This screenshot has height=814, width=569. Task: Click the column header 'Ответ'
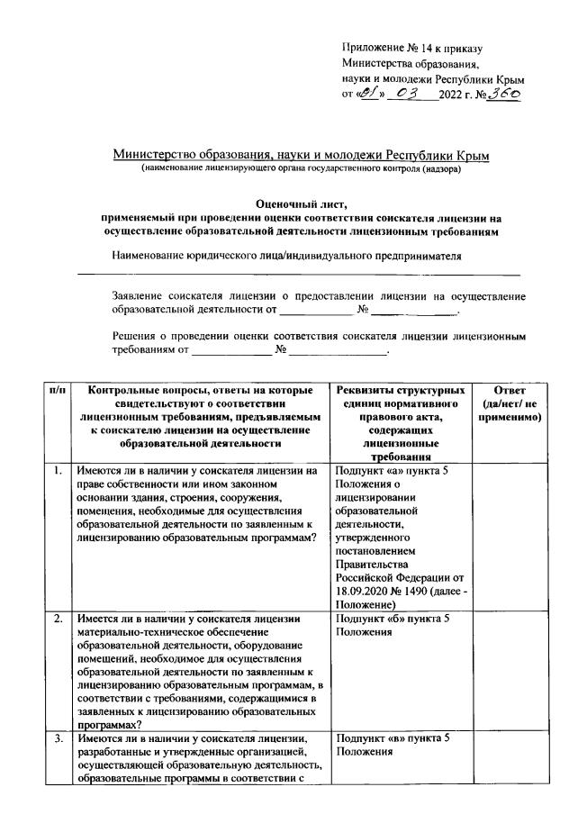click(510, 390)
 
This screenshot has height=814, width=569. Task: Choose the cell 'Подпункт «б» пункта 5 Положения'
click(392, 626)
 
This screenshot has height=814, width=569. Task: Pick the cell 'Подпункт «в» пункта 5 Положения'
click(392, 745)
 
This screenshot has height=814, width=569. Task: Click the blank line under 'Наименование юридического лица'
click(298, 273)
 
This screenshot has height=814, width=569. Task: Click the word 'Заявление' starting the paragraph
click(138, 296)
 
